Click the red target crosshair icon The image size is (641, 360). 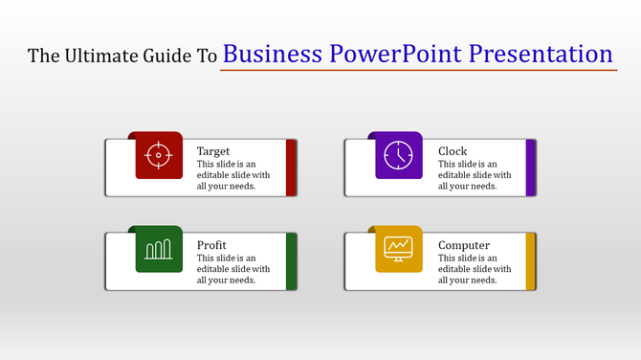[x=159, y=155]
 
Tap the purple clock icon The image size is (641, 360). [x=398, y=155]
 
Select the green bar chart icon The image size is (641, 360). [x=159, y=249]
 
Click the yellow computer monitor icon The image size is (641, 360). [x=398, y=249]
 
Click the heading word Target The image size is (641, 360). [x=213, y=151]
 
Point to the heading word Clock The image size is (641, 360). [x=453, y=151]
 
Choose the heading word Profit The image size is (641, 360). [x=211, y=245]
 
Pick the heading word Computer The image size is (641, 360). [x=464, y=245]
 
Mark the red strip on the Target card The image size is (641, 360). [x=292, y=168]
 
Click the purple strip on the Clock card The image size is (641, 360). [x=531, y=168]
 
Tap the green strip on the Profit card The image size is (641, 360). [x=292, y=261]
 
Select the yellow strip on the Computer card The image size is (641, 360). [x=531, y=261]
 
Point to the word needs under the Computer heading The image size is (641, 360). [x=481, y=281]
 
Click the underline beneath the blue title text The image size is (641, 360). [x=418, y=70]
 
